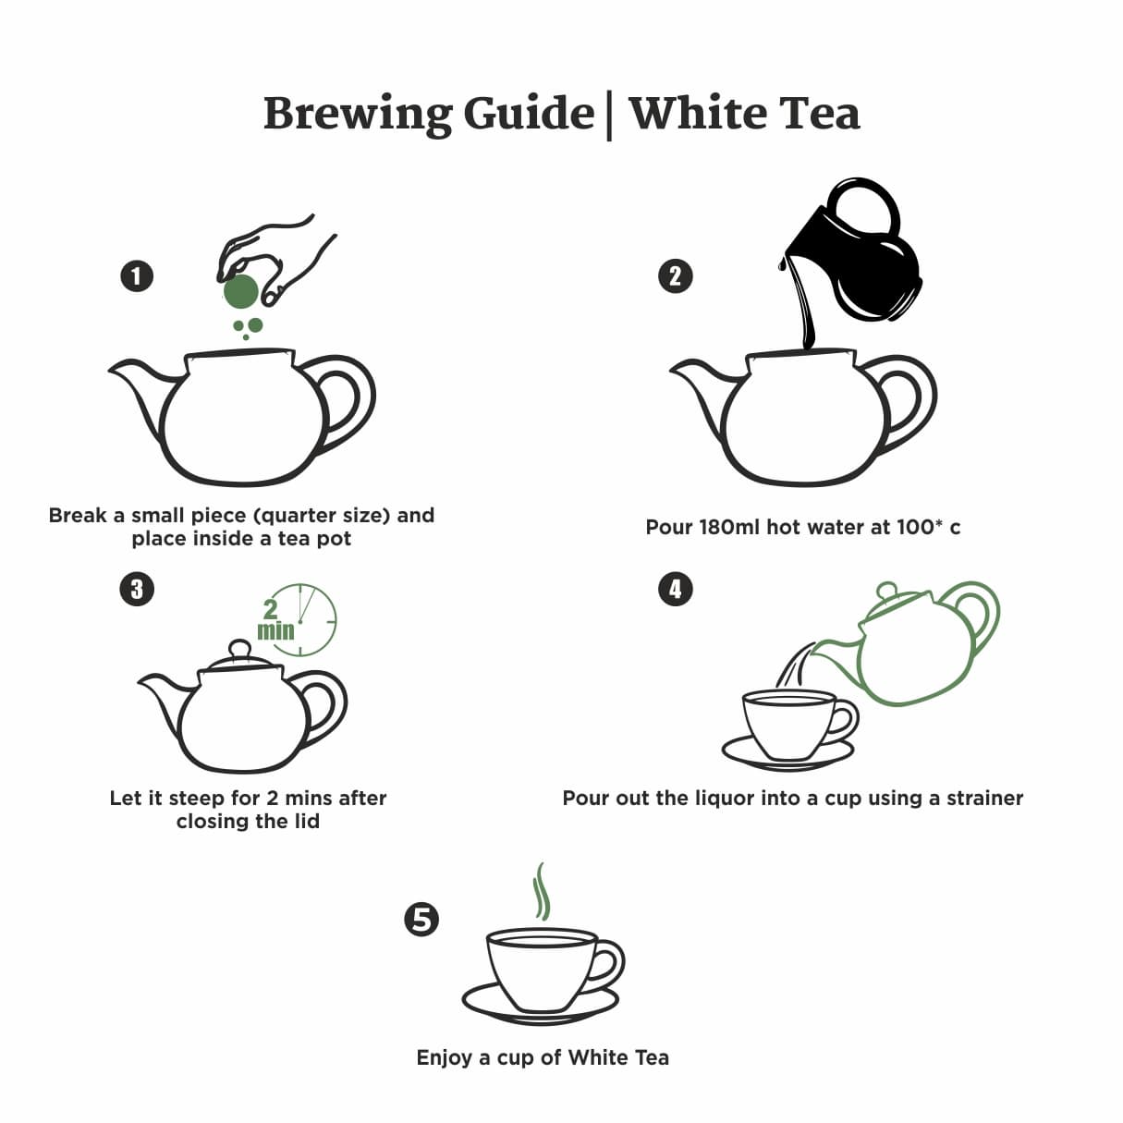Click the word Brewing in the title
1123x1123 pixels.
(358, 115)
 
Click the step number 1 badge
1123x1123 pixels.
(137, 276)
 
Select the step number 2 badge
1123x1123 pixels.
(676, 276)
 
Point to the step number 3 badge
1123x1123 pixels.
(137, 589)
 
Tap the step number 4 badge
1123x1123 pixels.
(676, 589)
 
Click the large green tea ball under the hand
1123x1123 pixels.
(240, 291)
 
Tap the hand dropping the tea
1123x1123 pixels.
(275, 260)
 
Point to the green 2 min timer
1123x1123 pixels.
(298, 620)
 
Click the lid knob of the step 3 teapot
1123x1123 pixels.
(239, 649)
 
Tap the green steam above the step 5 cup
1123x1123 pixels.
(542, 892)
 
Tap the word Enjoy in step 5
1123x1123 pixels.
(445, 1057)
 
